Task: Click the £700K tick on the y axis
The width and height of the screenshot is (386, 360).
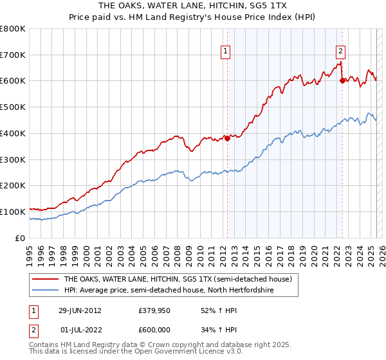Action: point(14,55)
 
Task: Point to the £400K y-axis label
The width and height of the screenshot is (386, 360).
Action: point(14,133)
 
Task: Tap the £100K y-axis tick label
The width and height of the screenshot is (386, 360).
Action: point(14,212)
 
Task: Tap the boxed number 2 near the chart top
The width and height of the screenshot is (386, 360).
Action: point(340,53)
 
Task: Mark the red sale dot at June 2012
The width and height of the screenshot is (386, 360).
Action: point(227,138)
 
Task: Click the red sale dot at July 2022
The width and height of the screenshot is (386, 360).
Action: point(342,80)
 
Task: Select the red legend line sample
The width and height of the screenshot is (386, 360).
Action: point(46,279)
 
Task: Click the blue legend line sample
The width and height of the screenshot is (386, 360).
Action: point(46,291)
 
